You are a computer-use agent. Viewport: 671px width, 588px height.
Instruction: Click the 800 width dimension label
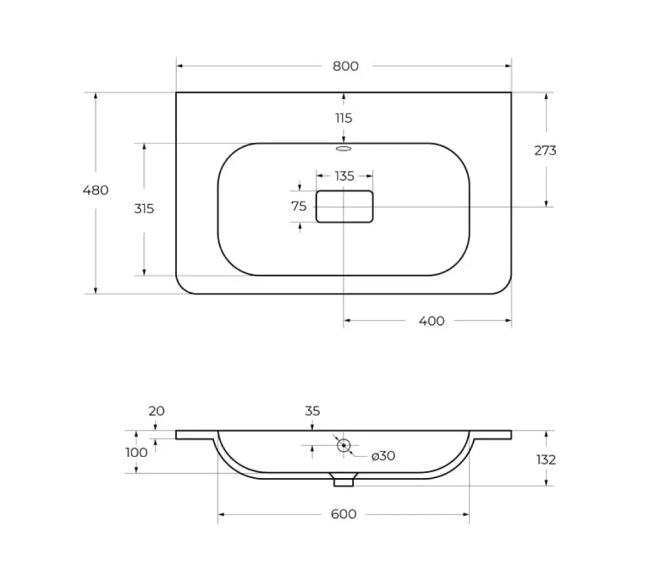[346, 66]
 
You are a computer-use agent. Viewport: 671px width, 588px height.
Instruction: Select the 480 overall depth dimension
[95, 190]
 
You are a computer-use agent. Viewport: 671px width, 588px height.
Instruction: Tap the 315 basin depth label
[144, 208]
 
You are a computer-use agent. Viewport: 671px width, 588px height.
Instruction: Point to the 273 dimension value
[545, 150]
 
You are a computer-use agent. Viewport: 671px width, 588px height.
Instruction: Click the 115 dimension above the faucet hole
[344, 118]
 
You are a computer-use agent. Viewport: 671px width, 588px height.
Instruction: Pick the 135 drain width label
[344, 176]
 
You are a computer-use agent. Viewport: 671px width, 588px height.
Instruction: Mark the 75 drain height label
[299, 206]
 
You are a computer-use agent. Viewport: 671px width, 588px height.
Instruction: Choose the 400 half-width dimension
[432, 321]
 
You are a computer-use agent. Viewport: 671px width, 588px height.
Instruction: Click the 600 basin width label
[344, 514]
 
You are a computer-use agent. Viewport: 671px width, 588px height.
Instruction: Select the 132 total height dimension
[546, 460]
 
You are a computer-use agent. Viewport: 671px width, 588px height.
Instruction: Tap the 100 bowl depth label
[136, 452]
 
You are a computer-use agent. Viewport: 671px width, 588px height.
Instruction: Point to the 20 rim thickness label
[156, 411]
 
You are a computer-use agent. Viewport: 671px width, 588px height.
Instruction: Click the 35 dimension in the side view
[313, 411]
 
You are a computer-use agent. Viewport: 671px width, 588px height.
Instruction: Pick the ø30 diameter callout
[383, 456]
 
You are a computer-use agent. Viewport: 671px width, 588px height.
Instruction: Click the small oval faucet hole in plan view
[344, 149]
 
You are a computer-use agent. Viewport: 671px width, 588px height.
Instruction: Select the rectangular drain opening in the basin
[344, 206]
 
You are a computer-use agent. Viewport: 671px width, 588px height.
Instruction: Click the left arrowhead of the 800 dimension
[180, 66]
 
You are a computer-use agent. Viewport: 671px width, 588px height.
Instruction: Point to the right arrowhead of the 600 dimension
[466, 515]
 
